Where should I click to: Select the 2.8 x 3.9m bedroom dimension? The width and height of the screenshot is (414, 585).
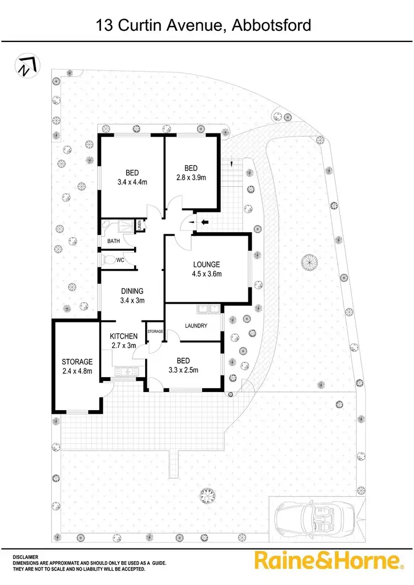coord(190,177)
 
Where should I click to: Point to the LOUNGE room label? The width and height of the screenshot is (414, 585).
coord(206,264)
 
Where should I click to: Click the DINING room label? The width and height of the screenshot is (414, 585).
coord(132,291)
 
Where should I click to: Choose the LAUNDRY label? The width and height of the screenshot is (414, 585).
coord(196,326)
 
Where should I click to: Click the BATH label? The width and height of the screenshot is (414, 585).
coord(114,241)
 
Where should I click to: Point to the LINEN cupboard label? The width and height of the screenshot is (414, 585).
coord(140,225)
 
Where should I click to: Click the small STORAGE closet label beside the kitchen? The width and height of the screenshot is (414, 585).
coord(155,331)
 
